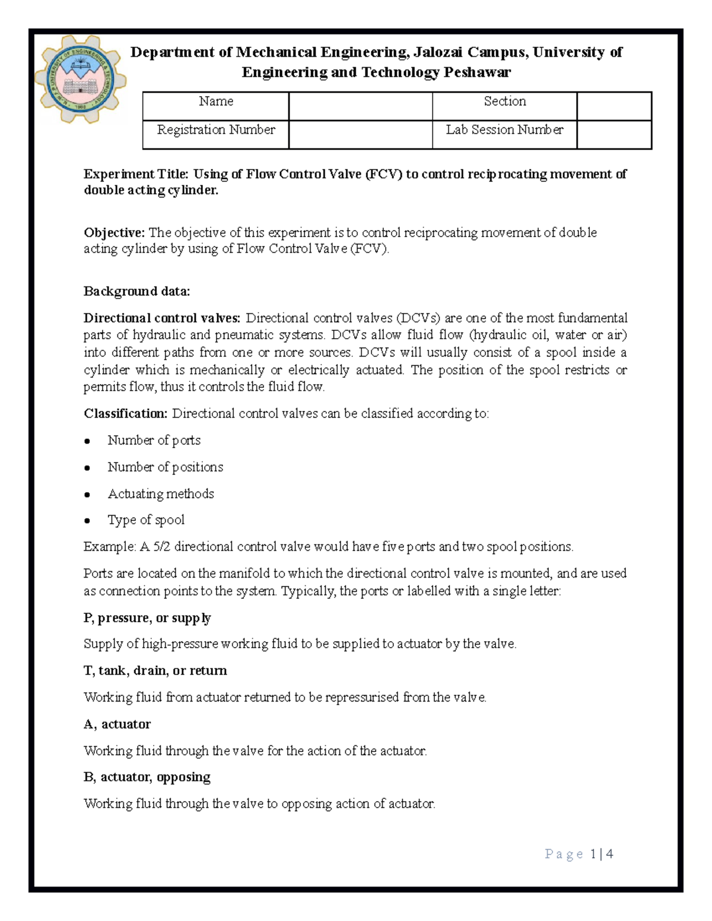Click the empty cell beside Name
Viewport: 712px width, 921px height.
pyautogui.click(x=360, y=106)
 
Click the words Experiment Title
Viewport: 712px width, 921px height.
pyautogui.click(x=136, y=174)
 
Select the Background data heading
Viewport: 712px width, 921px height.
pyautogui.click(x=136, y=291)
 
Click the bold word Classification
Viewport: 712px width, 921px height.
pyautogui.click(x=125, y=413)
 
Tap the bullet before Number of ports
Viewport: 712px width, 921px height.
pyautogui.click(x=87, y=441)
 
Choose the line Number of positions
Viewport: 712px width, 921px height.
pyautogui.click(x=165, y=467)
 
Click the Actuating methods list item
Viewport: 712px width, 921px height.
pyautogui.click(x=160, y=494)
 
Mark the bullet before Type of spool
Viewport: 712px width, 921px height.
pyautogui.click(x=87, y=521)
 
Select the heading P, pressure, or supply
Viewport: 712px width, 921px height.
pyautogui.click(x=147, y=618)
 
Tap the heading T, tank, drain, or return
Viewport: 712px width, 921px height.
pyautogui.click(x=155, y=671)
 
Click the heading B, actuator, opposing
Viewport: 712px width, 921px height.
pyautogui.click(x=147, y=777)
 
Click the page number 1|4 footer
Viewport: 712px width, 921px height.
pyautogui.click(x=601, y=854)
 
